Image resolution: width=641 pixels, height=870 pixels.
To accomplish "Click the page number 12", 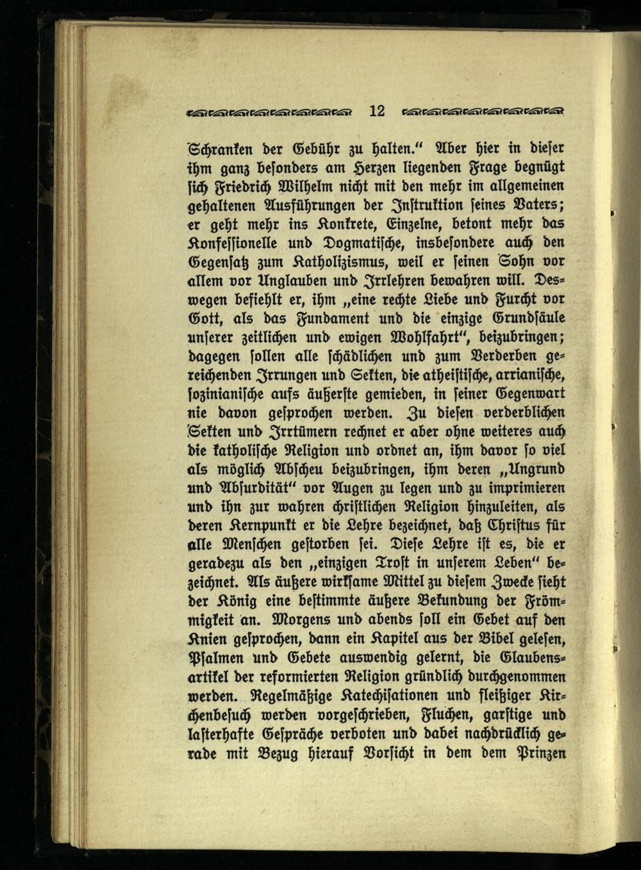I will (x=376, y=111).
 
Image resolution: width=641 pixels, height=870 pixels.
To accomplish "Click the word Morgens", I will (x=299, y=619).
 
